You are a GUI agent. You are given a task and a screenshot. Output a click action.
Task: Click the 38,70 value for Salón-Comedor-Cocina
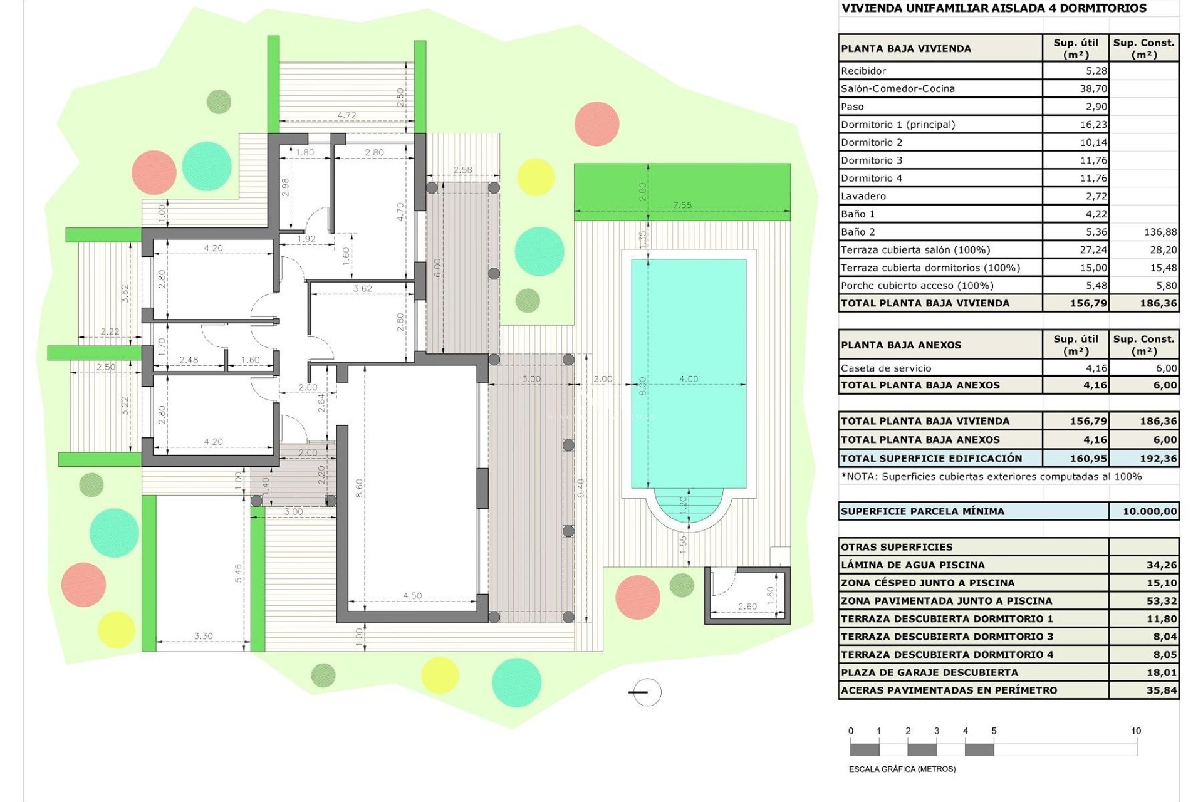coord(1093,89)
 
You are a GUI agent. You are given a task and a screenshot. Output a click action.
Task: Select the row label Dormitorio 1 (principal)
coord(897,125)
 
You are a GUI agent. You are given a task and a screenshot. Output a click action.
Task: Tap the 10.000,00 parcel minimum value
coord(1150,511)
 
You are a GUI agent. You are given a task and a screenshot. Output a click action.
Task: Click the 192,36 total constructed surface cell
coord(1158,459)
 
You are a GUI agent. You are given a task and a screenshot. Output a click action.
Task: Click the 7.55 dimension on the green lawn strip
coord(682,205)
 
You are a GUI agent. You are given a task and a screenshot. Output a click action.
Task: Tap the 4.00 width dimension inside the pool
coord(688,378)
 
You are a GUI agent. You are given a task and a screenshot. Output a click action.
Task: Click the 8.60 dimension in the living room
coord(359,488)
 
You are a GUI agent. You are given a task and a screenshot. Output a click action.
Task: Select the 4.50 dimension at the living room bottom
coord(412,596)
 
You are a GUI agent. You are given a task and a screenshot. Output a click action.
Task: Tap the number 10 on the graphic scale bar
coord(1135,731)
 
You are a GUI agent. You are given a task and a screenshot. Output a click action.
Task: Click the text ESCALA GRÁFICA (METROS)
coord(902,769)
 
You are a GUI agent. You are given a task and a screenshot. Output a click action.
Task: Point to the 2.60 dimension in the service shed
coord(747,606)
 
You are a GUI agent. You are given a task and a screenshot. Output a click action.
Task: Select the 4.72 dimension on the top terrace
coord(346,115)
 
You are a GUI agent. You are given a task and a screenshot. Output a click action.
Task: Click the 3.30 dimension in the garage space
coord(203,636)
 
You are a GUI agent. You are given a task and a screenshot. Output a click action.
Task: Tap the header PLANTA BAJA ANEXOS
coord(900,345)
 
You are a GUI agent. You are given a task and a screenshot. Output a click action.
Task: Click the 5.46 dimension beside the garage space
coord(238,573)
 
